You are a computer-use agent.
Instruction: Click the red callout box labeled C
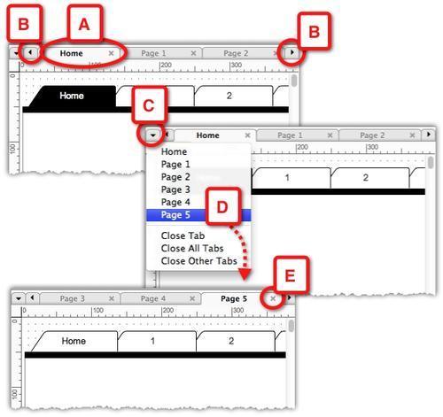149,105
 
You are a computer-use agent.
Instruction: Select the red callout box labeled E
289,274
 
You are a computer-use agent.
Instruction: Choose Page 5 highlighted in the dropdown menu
175,214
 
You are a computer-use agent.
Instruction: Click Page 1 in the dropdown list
175,165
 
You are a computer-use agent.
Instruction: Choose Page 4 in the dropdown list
175,202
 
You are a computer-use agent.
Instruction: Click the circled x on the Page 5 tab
273,299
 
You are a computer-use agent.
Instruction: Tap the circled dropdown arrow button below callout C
154,135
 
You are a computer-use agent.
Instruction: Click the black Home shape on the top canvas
71,96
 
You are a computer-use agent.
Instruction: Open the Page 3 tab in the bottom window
73,299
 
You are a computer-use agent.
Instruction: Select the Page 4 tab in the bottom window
152,299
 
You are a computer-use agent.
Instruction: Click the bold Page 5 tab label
234,299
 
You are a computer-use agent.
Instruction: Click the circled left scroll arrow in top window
30,53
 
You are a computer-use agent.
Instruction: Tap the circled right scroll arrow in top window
291,53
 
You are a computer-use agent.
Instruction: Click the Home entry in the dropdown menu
174,152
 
